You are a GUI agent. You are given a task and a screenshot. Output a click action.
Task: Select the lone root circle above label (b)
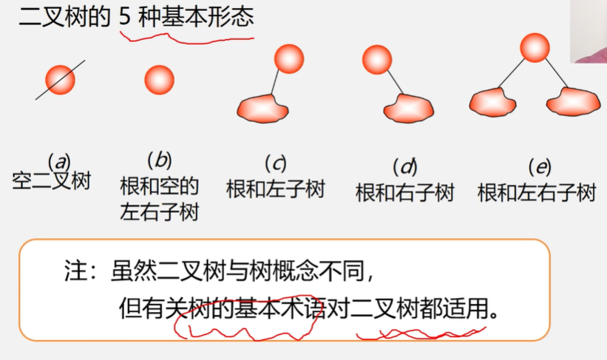coord(159,79)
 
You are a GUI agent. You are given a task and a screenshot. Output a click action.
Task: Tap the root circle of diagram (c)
coord(288,58)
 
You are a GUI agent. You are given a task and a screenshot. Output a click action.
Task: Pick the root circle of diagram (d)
coord(377,59)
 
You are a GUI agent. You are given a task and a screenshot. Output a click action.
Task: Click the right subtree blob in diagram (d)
coord(408,109)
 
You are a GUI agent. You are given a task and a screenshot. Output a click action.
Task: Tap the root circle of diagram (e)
coord(535,47)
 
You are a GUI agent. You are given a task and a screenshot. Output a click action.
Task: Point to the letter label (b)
coord(159,159)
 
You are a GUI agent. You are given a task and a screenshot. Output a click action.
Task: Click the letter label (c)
coord(275,163)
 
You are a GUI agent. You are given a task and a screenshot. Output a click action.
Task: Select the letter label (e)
coord(538,166)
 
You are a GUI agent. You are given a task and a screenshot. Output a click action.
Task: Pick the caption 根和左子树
coord(275,189)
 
